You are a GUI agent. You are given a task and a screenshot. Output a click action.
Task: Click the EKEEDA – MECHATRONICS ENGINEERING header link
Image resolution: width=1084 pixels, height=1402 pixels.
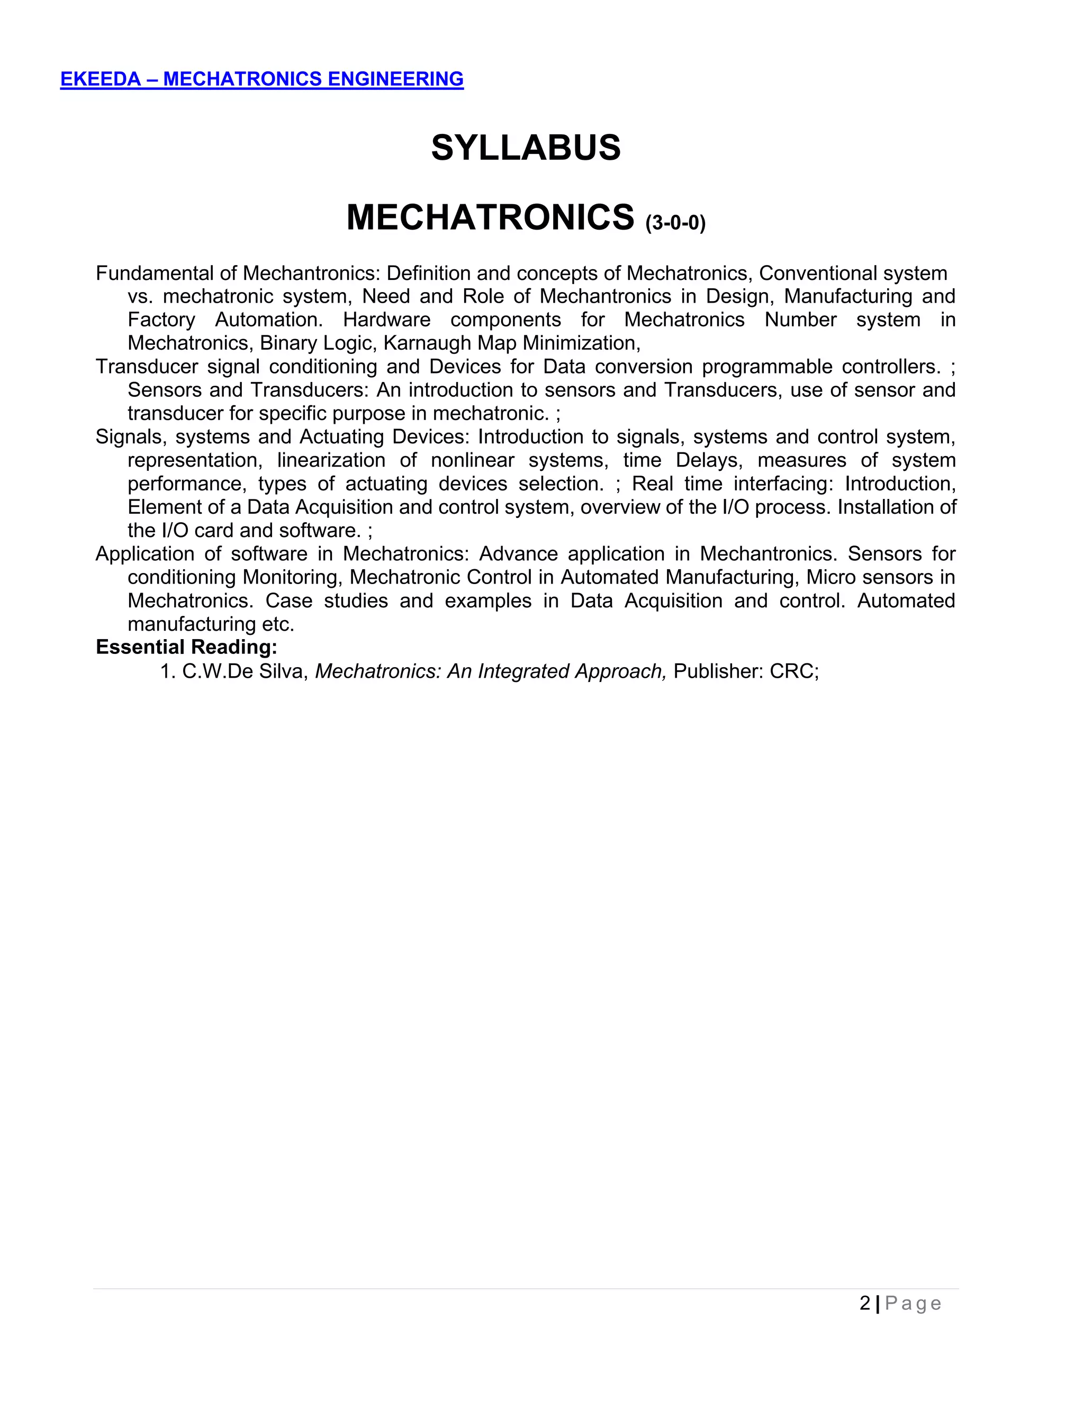tap(261, 79)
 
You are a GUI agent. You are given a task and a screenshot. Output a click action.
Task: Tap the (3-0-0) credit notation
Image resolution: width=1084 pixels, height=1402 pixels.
tap(675, 223)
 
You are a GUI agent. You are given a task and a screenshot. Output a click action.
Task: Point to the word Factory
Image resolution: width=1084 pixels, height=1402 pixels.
tap(161, 320)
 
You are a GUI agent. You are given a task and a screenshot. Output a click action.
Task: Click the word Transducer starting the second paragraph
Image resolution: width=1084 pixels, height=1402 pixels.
tap(147, 367)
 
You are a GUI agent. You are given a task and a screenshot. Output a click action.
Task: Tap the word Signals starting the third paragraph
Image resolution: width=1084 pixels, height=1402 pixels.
tap(130, 437)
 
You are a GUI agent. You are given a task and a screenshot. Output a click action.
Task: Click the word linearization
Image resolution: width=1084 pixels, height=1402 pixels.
tap(331, 460)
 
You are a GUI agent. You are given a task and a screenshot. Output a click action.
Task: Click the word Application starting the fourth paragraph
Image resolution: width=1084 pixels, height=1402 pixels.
tap(144, 554)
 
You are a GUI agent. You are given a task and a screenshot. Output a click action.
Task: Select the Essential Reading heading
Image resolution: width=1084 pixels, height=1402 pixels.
tap(186, 647)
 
